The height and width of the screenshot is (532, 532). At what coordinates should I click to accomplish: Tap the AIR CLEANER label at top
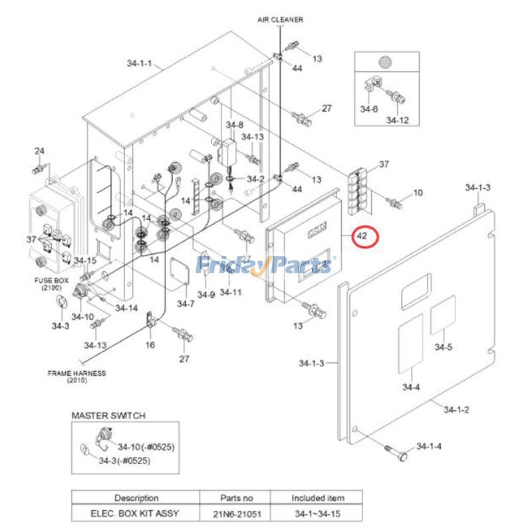pyautogui.click(x=281, y=20)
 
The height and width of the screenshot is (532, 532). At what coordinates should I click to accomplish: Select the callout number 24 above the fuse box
pyautogui.click(x=39, y=152)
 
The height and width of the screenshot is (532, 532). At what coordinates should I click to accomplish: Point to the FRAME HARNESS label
pyautogui.click(x=76, y=376)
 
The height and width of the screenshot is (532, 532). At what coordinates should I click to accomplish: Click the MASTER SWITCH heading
pyautogui.click(x=108, y=416)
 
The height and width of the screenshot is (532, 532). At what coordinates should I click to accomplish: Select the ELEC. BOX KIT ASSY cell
pyautogui.click(x=136, y=514)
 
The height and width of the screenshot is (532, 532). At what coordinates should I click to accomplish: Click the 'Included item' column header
pyautogui.click(x=318, y=497)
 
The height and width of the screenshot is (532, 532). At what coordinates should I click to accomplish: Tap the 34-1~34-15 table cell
pyautogui.click(x=318, y=514)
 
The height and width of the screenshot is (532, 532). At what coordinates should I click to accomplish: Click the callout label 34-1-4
pyautogui.click(x=428, y=446)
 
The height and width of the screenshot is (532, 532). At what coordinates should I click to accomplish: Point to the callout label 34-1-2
pyautogui.click(x=457, y=410)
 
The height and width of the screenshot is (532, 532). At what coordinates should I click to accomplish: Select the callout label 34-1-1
pyautogui.click(x=140, y=64)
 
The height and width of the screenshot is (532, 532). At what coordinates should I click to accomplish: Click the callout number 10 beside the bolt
pyautogui.click(x=418, y=193)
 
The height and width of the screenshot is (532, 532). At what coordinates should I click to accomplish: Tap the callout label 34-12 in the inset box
pyautogui.click(x=397, y=120)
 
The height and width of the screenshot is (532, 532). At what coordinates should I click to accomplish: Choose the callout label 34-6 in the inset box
pyautogui.click(x=369, y=108)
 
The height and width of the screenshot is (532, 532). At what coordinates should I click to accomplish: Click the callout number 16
pyautogui.click(x=150, y=344)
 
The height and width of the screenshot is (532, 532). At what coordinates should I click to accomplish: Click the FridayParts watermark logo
pyautogui.click(x=265, y=265)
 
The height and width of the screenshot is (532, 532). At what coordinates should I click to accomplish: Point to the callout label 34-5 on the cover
pyautogui.click(x=444, y=346)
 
